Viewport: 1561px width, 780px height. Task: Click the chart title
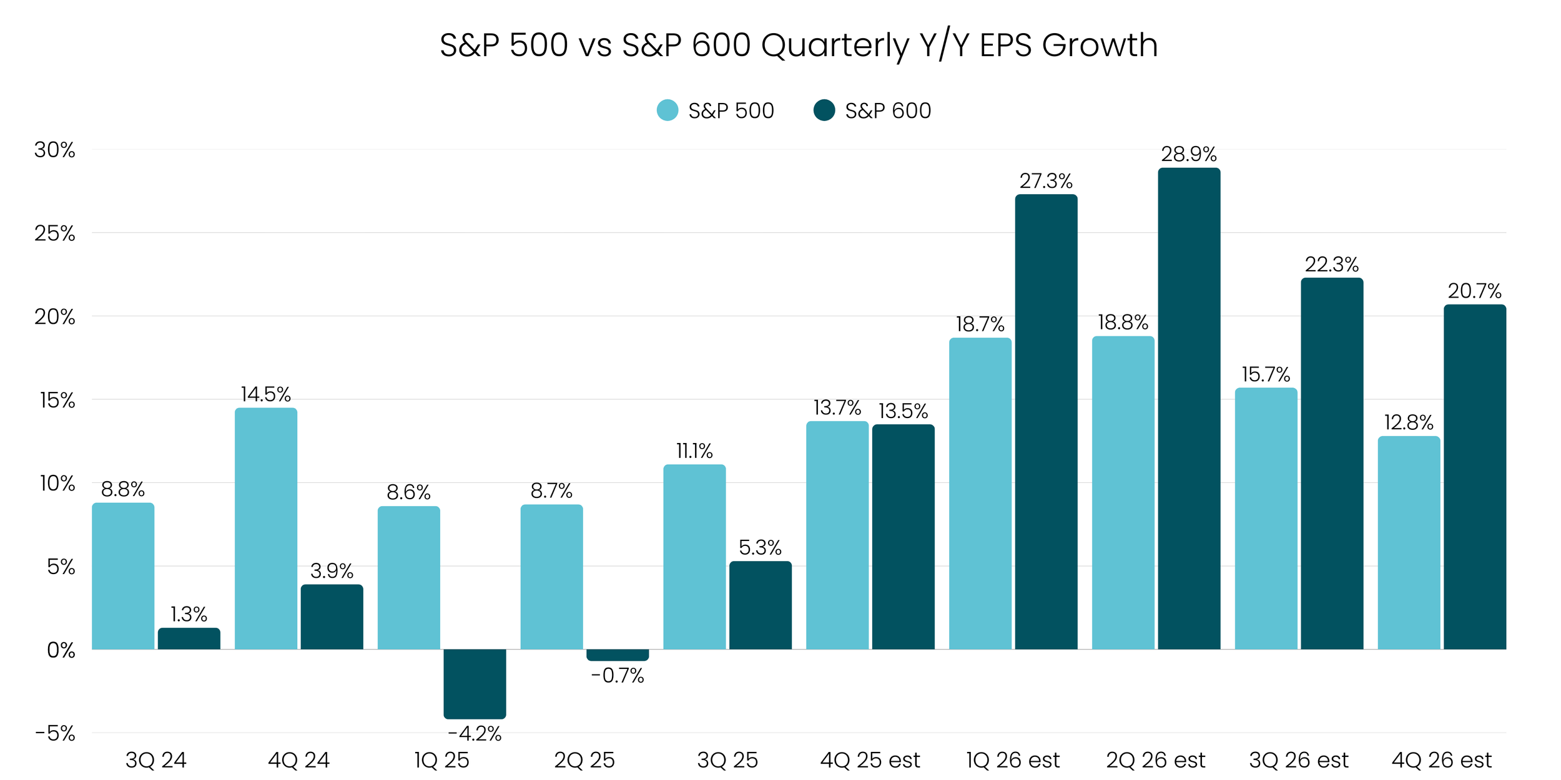[x=799, y=45]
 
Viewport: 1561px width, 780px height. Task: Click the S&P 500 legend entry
[x=716, y=110]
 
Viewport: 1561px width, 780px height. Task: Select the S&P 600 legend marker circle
[x=824, y=110]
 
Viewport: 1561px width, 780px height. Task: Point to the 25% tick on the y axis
[x=55, y=233]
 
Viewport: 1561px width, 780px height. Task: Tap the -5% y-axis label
[x=55, y=733]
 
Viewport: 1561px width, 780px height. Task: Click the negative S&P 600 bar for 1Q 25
[x=475, y=683]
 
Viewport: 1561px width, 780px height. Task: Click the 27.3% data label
[x=1046, y=181]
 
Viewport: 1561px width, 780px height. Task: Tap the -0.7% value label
[x=618, y=675]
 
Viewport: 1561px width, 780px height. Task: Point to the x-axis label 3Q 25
[x=727, y=760]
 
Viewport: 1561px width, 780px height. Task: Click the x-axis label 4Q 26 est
[x=1442, y=760]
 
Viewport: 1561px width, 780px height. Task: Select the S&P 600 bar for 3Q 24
[x=189, y=638]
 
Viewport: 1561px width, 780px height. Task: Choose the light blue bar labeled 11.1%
[x=694, y=557]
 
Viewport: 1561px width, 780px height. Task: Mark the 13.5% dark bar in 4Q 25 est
[x=903, y=537]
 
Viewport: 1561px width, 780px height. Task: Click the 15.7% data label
[x=1266, y=374]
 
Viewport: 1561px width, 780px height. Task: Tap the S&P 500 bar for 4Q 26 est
[x=1409, y=543]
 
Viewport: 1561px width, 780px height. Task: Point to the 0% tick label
[x=61, y=650]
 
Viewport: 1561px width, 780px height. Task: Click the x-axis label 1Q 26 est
[x=1013, y=760]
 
